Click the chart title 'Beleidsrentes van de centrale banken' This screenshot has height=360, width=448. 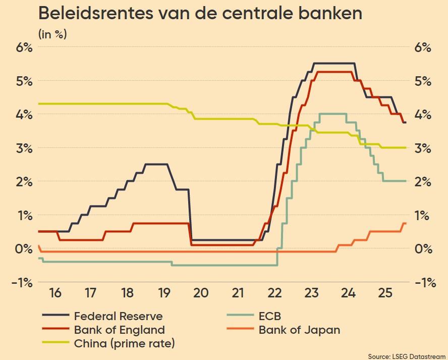click(x=200, y=14)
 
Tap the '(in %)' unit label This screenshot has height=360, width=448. click(x=53, y=35)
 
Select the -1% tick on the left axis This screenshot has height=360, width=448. click(x=22, y=282)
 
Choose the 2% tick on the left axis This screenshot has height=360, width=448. click(x=23, y=182)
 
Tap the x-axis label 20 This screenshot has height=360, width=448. click(x=201, y=293)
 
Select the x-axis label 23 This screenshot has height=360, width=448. click(x=311, y=293)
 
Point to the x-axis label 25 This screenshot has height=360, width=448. click(x=384, y=293)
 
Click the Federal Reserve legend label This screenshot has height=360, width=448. click(x=118, y=317)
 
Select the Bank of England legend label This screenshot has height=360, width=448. click(x=119, y=330)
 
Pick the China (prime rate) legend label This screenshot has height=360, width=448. click(x=124, y=344)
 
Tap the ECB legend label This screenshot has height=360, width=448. click(x=270, y=317)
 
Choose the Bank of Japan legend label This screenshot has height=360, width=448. click(x=299, y=330)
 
